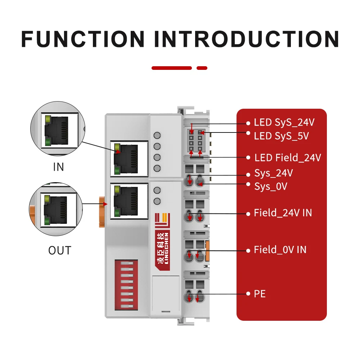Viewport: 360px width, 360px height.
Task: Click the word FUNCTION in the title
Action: tap(83, 39)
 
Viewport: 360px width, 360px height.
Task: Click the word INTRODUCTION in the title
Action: tap(247, 39)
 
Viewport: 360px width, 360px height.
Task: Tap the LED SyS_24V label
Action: tap(284, 122)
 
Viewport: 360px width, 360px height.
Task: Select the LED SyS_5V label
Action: tap(281, 136)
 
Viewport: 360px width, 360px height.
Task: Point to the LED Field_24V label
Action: tap(287, 158)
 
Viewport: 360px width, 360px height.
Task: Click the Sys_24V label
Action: tap(273, 173)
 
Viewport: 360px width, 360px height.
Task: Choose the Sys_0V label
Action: tap(271, 186)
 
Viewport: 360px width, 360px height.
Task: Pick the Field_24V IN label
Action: tap(283, 213)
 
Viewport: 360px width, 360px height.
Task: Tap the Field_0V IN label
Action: tap(280, 249)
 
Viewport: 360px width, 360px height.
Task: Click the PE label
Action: tap(260, 294)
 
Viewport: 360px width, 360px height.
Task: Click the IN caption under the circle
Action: tap(58, 167)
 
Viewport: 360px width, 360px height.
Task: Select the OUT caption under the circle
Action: tap(60, 250)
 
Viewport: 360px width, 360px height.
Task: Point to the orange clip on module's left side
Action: tap(101, 212)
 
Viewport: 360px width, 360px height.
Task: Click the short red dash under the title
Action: tap(202, 68)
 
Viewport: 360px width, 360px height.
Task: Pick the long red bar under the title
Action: tap(172, 68)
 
